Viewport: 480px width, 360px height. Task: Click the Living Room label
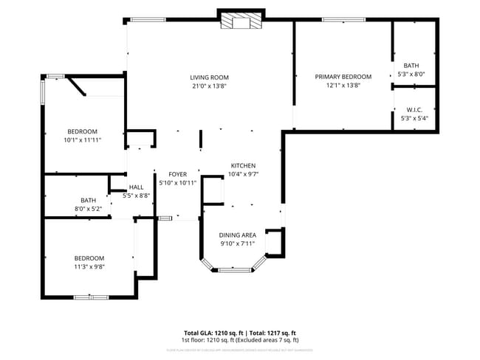(209, 77)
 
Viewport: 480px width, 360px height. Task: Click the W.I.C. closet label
(414, 110)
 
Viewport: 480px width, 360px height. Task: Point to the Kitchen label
(243, 166)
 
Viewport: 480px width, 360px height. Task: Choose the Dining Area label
(237, 235)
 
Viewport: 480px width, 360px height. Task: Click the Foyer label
(177, 174)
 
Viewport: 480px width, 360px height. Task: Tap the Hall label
(136, 187)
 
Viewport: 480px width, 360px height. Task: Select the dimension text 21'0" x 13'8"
(209, 86)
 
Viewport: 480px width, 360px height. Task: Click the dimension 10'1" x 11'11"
(82, 139)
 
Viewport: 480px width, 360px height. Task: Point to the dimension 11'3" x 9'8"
(89, 266)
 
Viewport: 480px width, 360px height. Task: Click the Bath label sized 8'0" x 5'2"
(89, 200)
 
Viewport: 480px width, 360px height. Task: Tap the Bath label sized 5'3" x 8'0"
(411, 66)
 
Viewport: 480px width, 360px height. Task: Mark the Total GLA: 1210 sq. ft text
(213, 333)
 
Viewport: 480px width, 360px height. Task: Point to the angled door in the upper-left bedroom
(78, 87)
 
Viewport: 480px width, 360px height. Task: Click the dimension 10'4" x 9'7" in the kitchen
(243, 174)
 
